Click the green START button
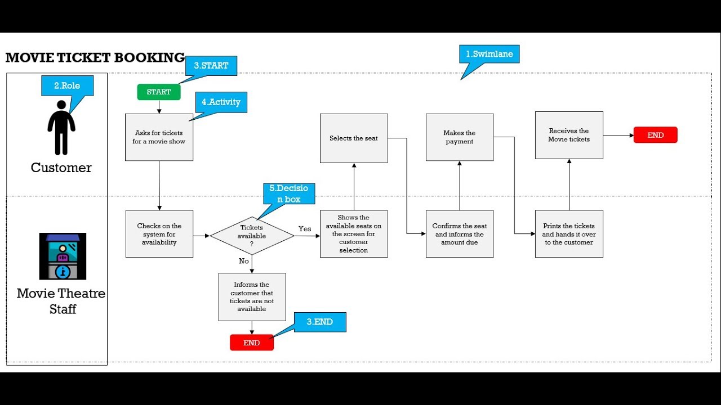tap(159, 92)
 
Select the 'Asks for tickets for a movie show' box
tap(159, 137)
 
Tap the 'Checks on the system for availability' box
tap(159, 234)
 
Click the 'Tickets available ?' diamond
tap(252, 236)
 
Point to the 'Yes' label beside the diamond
tap(305, 229)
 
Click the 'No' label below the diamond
tap(244, 261)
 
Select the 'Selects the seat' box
tap(354, 138)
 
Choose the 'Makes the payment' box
tap(460, 137)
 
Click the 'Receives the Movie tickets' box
tap(569, 135)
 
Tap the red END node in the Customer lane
tap(655, 135)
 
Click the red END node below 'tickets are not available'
tap(252, 343)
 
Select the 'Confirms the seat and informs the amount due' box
tap(460, 234)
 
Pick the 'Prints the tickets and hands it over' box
tap(569, 234)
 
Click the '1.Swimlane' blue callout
tap(489, 54)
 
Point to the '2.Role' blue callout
tap(67, 86)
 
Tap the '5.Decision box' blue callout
tap(289, 193)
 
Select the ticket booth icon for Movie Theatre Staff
tap(63, 256)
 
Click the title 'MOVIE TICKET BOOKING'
tap(95, 57)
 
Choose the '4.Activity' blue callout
tap(221, 102)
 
